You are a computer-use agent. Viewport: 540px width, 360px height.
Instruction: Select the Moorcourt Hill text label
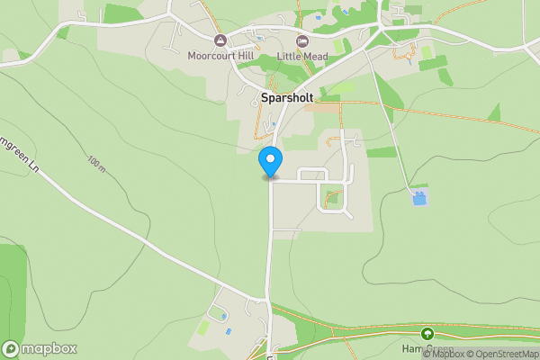tap(220, 56)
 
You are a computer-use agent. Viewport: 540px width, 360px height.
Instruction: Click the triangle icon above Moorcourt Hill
tap(220, 40)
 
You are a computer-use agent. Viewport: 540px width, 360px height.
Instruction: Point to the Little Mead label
tap(301, 56)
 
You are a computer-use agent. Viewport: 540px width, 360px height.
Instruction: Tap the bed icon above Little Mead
tap(301, 40)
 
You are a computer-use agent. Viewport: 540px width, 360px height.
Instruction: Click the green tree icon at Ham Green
tap(427, 334)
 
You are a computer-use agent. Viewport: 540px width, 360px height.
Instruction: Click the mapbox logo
tap(40, 348)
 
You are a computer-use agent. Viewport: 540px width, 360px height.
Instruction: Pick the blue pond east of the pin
tap(419, 196)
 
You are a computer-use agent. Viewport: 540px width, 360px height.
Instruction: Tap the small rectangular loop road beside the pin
tap(310, 175)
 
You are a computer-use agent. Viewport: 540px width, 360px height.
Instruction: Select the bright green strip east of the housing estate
tap(381, 152)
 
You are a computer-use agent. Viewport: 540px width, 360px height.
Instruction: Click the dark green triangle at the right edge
tap(494, 112)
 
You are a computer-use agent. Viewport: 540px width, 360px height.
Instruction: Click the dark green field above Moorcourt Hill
tap(122, 13)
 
